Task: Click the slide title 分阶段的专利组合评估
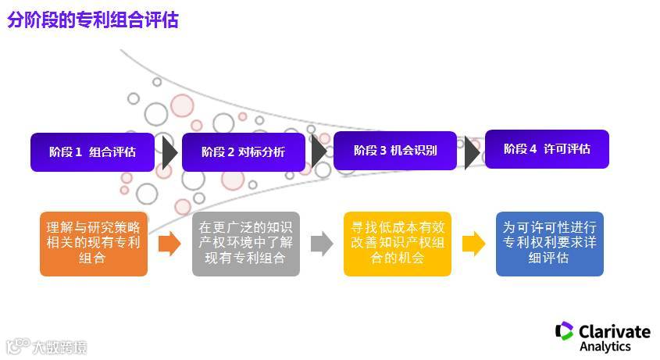click(93, 20)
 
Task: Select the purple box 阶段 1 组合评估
click(91, 151)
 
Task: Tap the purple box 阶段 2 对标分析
click(243, 151)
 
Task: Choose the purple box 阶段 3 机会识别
click(394, 151)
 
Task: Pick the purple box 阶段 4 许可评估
click(546, 149)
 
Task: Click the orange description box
click(93, 243)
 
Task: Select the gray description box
click(245, 243)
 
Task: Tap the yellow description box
click(397, 243)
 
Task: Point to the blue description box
click(549, 243)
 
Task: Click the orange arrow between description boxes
click(169, 244)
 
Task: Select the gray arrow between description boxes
click(321, 244)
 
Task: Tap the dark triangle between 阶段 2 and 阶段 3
click(318, 151)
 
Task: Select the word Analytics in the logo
click(605, 346)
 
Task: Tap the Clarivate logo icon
click(564, 332)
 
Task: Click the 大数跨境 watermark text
click(59, 346)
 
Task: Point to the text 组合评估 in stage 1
click(112, 151)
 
